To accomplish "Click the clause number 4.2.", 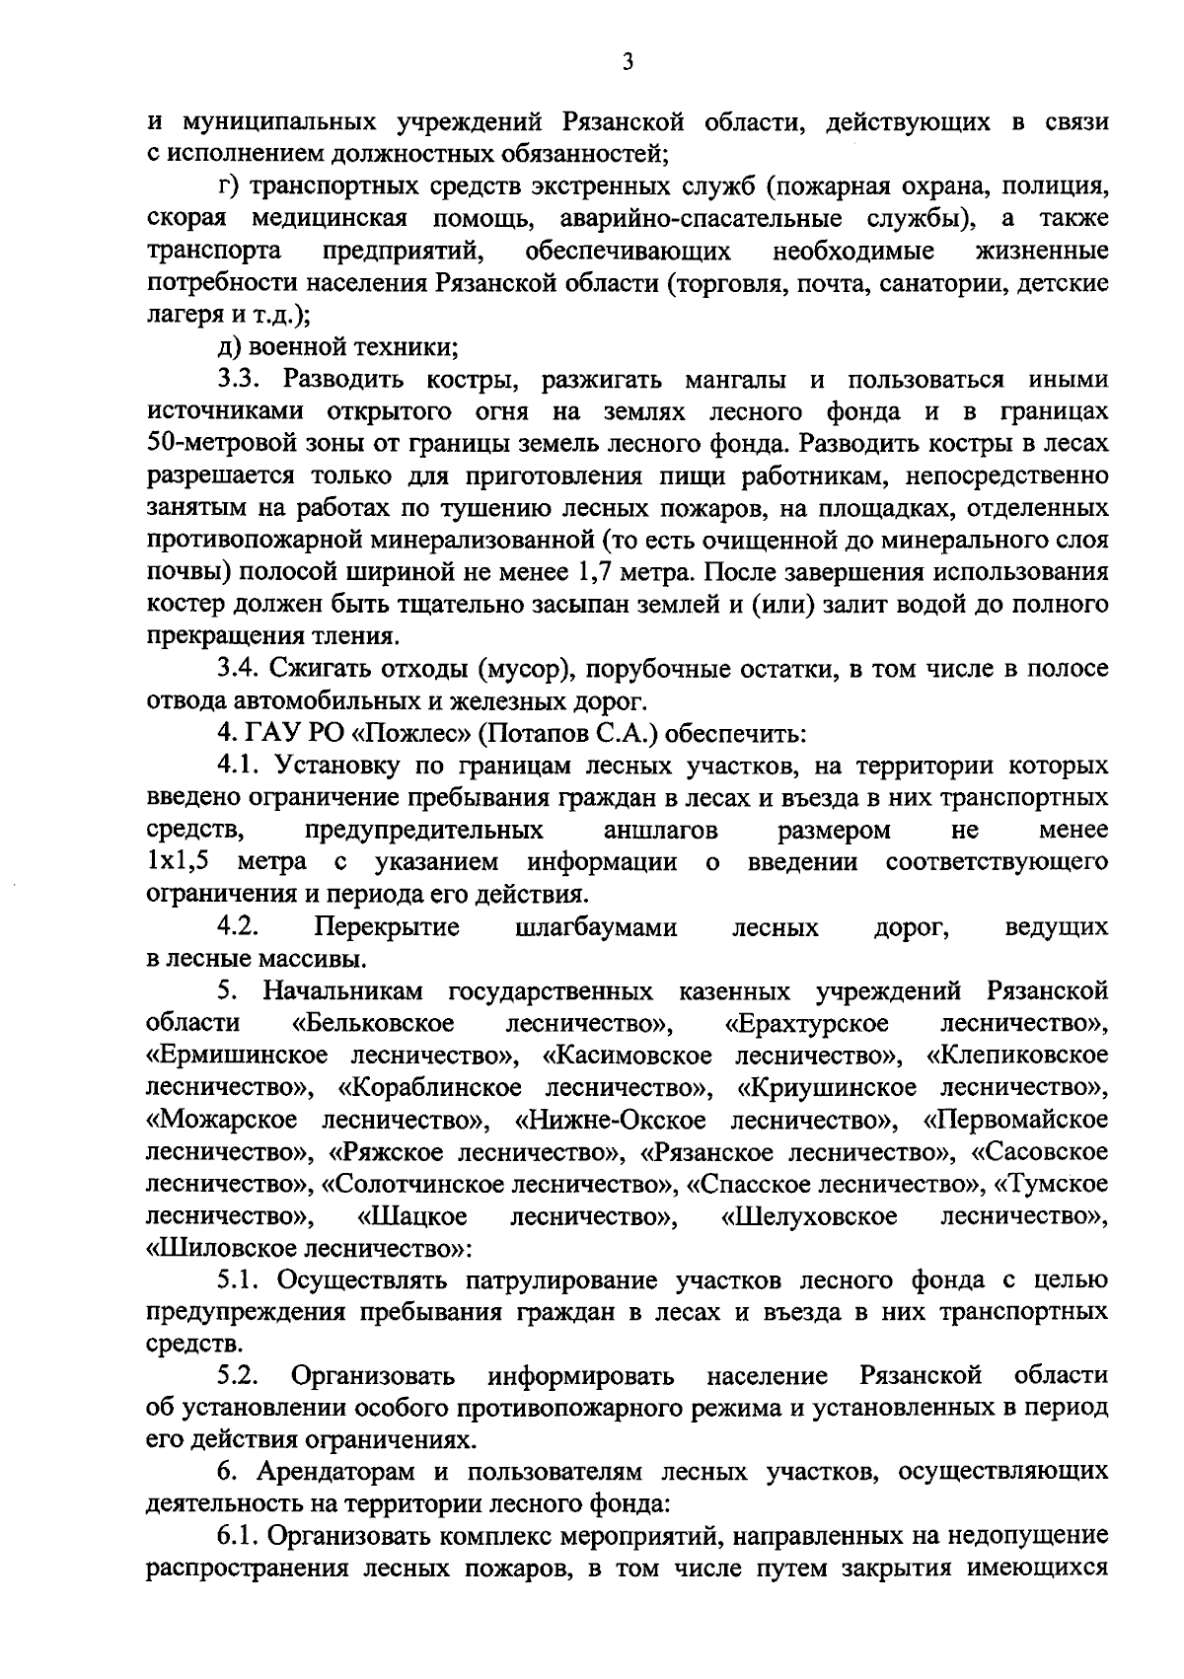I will tap(238, 927).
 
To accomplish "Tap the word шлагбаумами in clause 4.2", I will tap(596, 927).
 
